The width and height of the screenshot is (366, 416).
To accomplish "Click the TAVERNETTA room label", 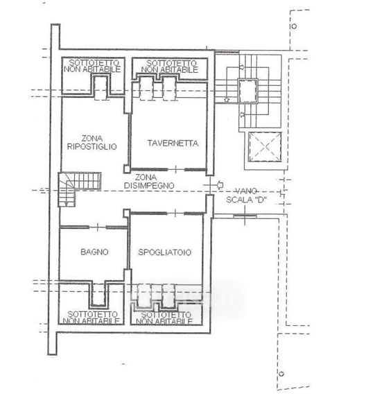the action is [173, 144].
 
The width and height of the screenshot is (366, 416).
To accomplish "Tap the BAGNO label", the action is [94, 252].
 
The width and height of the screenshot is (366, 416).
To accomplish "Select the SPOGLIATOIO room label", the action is [165, 252].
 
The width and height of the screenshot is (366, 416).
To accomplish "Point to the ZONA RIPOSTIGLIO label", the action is [91, 142].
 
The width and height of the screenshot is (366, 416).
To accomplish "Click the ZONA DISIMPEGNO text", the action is [149, 182].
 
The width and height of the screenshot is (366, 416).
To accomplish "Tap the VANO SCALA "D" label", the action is [246, 196].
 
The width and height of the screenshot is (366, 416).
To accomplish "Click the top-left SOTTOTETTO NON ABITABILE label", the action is [92, 66].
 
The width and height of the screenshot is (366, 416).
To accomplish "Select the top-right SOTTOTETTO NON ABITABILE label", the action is [170, 67].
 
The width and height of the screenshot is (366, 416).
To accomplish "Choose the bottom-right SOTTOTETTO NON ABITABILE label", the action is [164, 318].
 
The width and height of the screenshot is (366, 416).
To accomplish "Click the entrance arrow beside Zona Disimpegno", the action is [220, 184].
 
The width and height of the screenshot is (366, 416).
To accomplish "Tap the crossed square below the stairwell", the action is [265, 147].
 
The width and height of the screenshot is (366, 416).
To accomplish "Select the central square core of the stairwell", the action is [247, 91].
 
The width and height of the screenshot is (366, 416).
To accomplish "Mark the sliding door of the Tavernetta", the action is [168, 169].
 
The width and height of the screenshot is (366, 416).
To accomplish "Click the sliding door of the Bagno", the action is [94, 227].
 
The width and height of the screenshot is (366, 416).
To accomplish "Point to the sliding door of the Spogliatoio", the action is [167, 213].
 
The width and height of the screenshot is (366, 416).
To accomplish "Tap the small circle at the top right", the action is [294, 26].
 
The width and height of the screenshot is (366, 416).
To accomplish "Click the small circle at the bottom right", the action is [281, 374].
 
